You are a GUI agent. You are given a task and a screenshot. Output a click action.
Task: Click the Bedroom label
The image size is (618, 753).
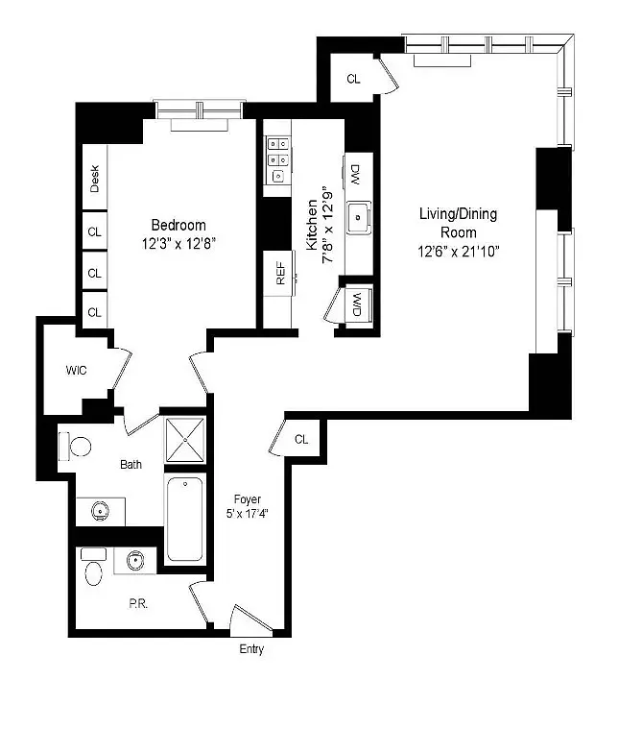click(x=178, y=225)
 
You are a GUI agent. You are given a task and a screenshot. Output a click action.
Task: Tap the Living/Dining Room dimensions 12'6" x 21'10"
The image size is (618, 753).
click(x=459, y=252)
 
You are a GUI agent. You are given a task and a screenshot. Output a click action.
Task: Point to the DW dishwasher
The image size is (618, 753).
click(x=357, y=175)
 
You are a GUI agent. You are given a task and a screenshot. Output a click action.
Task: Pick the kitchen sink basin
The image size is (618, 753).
click(x=359, y=217)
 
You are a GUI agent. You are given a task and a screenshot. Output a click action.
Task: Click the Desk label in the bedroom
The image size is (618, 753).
click(x=94, y=179)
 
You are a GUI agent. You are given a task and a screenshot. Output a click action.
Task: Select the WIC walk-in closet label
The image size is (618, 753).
click(x=77, y=371)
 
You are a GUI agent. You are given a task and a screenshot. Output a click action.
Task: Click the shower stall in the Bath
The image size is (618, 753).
click(x=185, y=440)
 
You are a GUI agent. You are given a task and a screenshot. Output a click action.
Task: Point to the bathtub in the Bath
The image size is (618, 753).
click(x=184, y=519)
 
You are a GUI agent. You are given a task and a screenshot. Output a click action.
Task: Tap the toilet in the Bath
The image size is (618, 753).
click(x=75, y=447)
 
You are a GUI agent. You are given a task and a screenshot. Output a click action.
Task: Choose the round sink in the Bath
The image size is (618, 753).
click(x=100, y=512)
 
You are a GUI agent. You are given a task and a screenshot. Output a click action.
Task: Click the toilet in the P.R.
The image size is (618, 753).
click(x=94, y=568)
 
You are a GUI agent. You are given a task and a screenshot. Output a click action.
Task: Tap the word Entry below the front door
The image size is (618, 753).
click(x=251, y=649)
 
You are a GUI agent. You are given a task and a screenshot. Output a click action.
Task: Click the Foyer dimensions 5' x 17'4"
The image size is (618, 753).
click(x=248, y=513)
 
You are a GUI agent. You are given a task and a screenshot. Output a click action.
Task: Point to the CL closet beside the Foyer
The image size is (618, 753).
click(x=301, y=439)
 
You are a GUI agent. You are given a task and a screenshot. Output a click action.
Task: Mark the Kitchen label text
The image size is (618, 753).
click(x=312, y=225)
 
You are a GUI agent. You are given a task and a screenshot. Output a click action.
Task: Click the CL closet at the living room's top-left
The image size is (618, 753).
click(x=353, y=79)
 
